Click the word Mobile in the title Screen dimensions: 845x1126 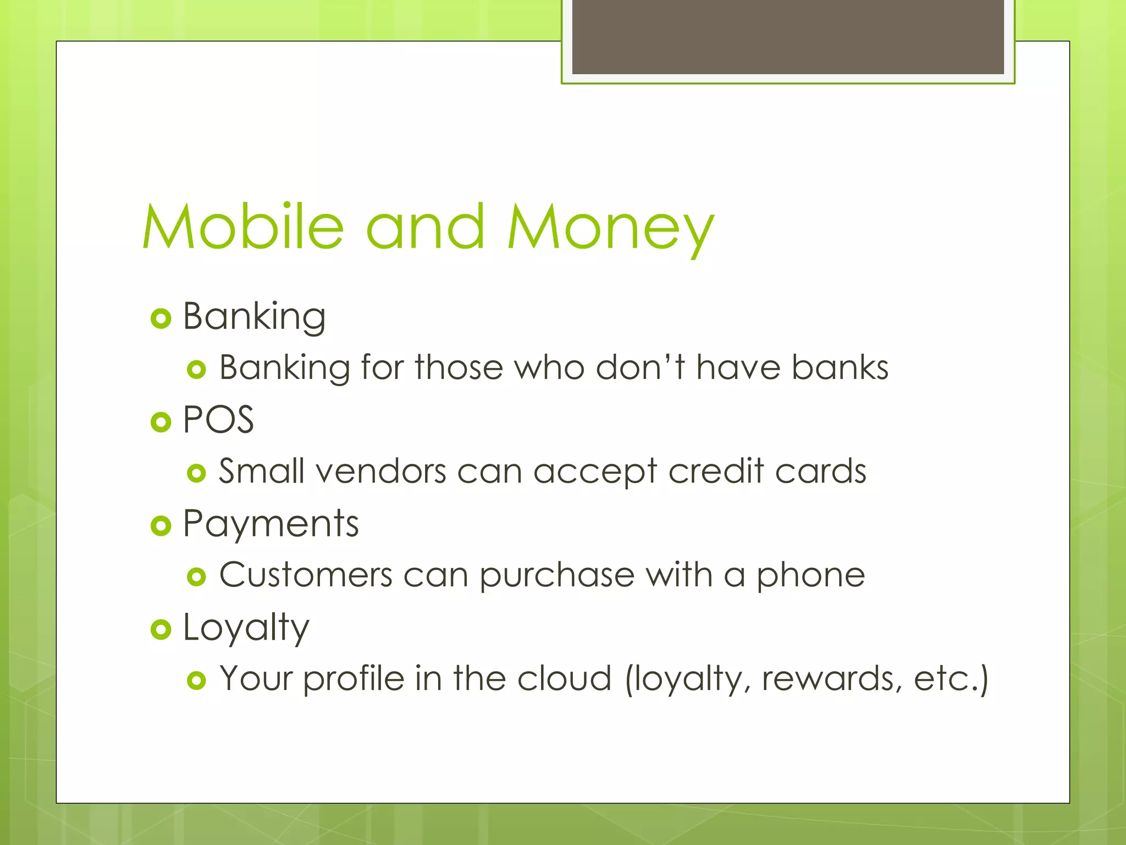coord(242,227)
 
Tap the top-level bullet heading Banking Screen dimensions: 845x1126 coord(254,317)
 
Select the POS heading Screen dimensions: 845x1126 coord(218,420)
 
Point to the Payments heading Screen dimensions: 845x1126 coord(271,524)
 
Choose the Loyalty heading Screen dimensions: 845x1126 coord(246,628)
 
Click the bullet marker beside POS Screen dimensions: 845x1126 coord(161,422)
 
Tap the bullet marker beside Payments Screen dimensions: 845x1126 coord(161,526)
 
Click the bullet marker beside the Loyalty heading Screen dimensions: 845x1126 coord(161,629)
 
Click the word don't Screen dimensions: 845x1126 coord(640,367)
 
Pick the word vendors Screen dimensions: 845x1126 coord(380,472)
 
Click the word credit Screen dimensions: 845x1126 coord(716,471)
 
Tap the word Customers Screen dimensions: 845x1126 coord(306,575)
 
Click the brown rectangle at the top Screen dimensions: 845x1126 coord(788,36)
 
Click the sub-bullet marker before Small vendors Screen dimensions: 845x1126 coord(196,473)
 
